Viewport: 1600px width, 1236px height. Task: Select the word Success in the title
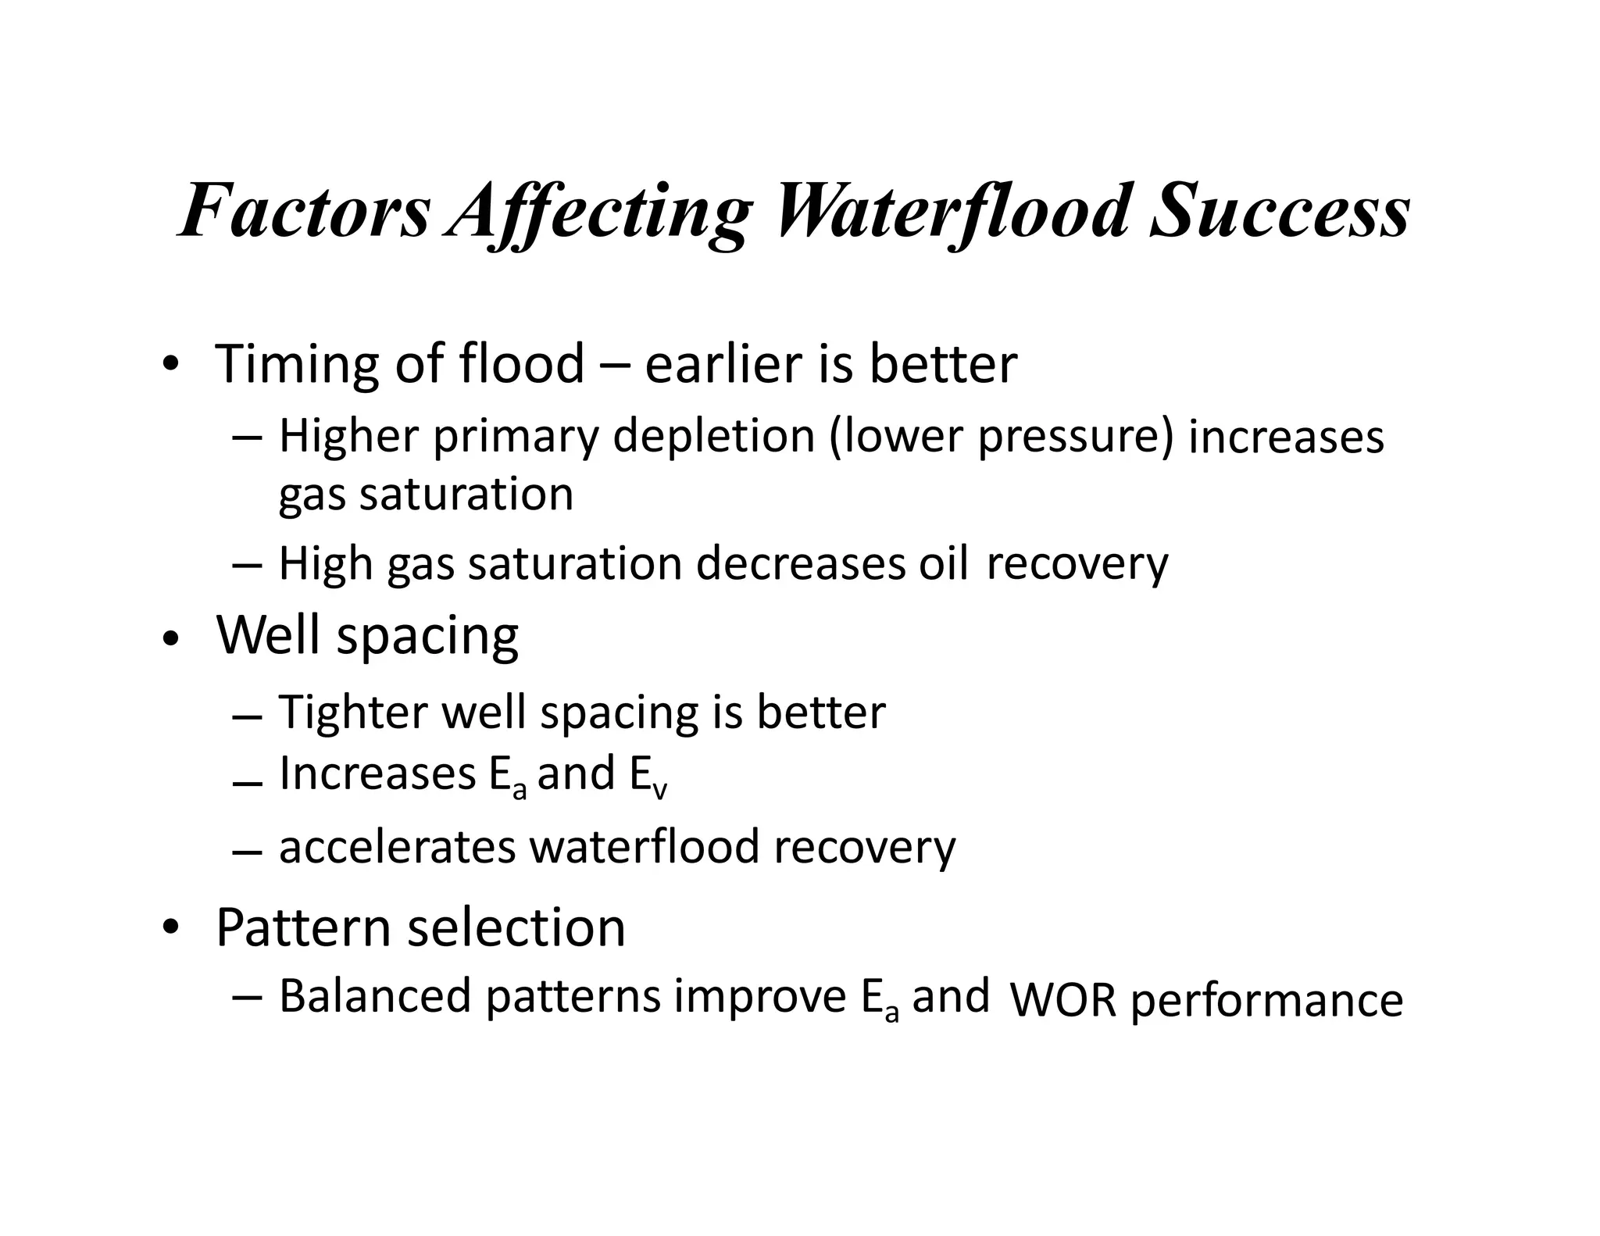click(x=1279, y=211)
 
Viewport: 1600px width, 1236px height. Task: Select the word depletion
click(x=714, y=436)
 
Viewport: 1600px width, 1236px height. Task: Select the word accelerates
click(x=397, y=847)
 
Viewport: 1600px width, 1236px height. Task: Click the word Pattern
click(x=303, y=928)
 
